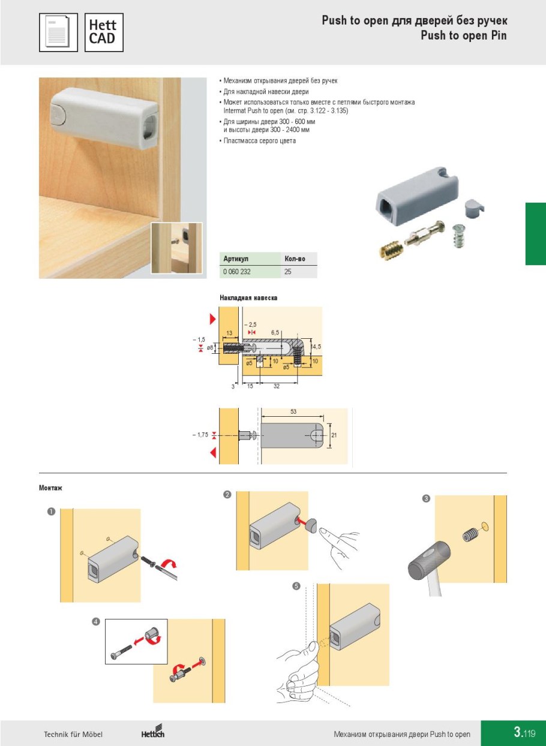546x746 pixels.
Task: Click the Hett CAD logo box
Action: click(104, 32)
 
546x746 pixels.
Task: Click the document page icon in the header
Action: click(58, 32)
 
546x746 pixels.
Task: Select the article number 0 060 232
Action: click(237, 272)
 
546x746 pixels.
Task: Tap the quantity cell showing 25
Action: click(288, 272)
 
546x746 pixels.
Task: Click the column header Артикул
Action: click(236, 259)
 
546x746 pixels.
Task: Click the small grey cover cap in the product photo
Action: click(474, 208)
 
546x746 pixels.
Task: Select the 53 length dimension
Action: click(293, 411)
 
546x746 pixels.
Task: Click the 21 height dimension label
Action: click(334, 435)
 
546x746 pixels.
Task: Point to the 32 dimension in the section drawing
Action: click(277, 386)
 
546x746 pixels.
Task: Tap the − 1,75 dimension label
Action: click(200, 435)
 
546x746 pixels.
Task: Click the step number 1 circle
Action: click(51, 512)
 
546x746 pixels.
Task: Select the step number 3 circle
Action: click(426, 498)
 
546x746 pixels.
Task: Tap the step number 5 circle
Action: click(296, 586)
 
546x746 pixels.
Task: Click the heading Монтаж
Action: click(50, 488)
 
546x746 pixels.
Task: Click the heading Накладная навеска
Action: click(248, 297)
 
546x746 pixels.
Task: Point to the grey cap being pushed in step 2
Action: click(313, 525)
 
